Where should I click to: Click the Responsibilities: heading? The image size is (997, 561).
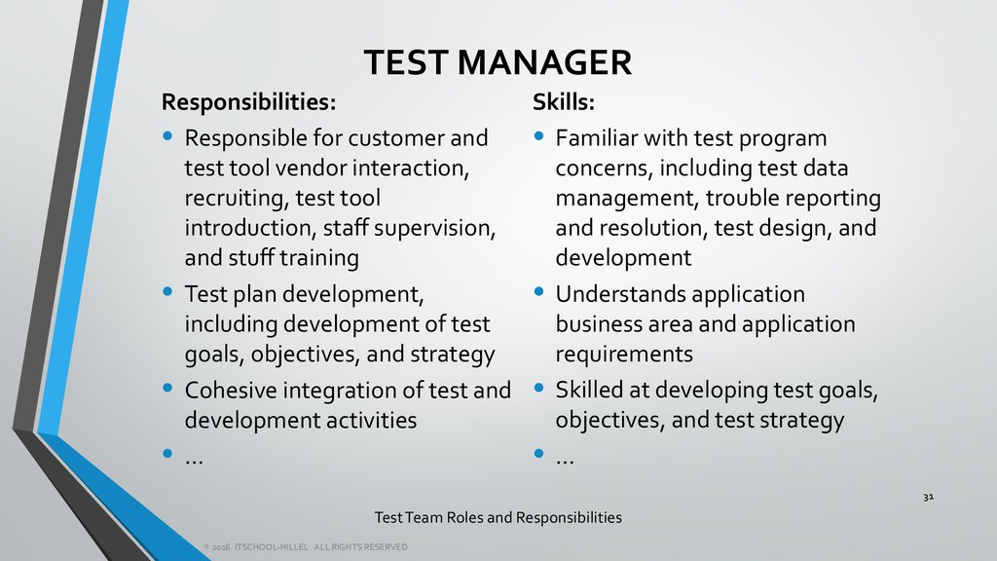(248, 102)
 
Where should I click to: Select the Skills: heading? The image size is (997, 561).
(564, 102)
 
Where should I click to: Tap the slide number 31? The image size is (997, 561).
(928, 498)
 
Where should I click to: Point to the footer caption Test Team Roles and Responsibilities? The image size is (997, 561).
(498, 517)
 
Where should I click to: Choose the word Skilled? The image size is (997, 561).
(591, 391)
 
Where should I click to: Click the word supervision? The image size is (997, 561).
(427, 229)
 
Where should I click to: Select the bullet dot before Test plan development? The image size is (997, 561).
(168, 291)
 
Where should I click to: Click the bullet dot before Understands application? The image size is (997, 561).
(539, 291)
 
